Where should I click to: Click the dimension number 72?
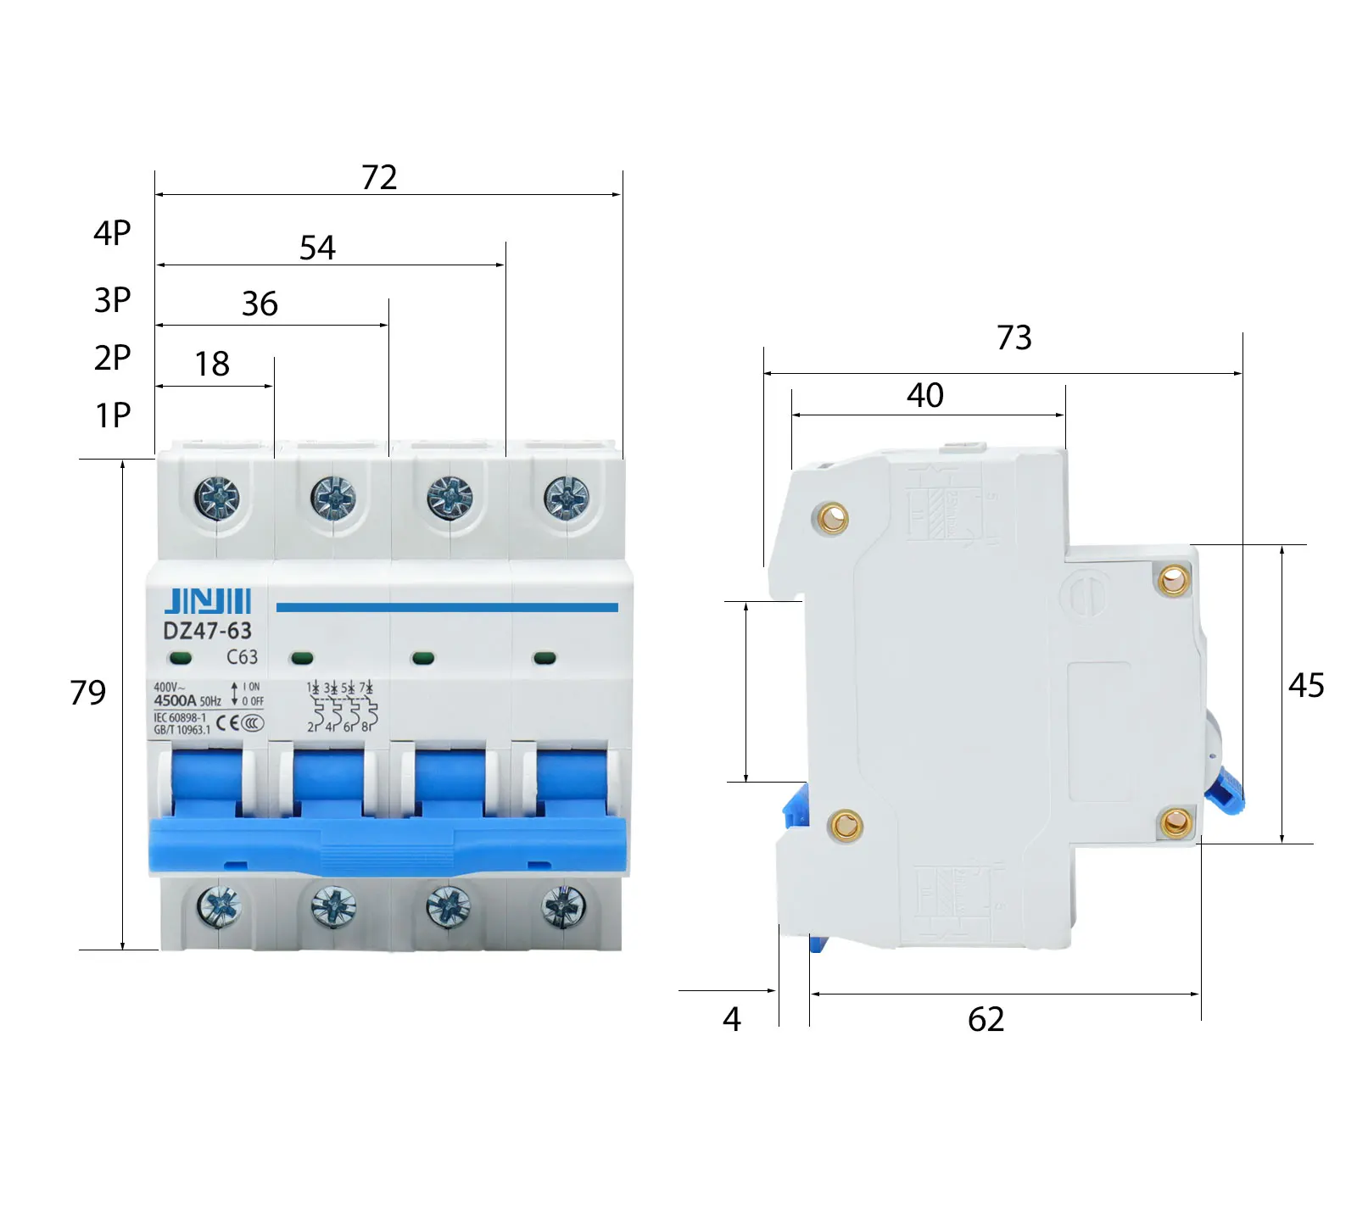pos(379,178)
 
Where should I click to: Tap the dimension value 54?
pos(318,248)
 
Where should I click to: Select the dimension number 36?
pos(260,304)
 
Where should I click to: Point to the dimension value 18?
pos(212,365)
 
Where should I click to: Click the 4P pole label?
pos(112,233)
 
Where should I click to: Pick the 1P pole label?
pos(113,416)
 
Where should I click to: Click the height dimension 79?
pos(88,694)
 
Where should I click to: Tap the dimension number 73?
pos(1014,338)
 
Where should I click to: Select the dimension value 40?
pos(924,396)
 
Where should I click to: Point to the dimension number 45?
pos(1306,686)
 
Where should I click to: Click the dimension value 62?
pos(986,1020)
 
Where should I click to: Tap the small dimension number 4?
pos(732,1020)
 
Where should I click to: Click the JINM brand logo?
pos(208,601)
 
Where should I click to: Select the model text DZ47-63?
pos(207,632)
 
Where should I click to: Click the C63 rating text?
pos(242,657)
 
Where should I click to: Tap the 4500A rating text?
pos(175,701)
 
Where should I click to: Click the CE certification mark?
pos(226,723)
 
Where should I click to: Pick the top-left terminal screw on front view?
pos(217,497)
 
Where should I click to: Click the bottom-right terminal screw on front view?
pos(564,907)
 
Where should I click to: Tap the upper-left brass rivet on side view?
pos(831,517)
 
